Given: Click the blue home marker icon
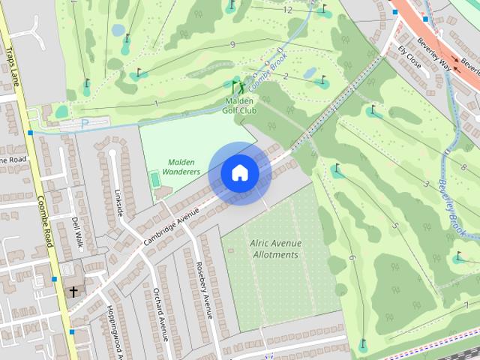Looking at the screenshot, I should (239, 172).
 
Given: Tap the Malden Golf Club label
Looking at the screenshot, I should (239, 105).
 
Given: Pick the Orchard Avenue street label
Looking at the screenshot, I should (160, 313).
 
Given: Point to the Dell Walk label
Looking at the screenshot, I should (76, 232).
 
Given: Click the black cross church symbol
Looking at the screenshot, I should (73, 291).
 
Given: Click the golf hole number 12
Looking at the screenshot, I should (288, 10).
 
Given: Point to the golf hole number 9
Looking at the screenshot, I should (232, 45).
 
